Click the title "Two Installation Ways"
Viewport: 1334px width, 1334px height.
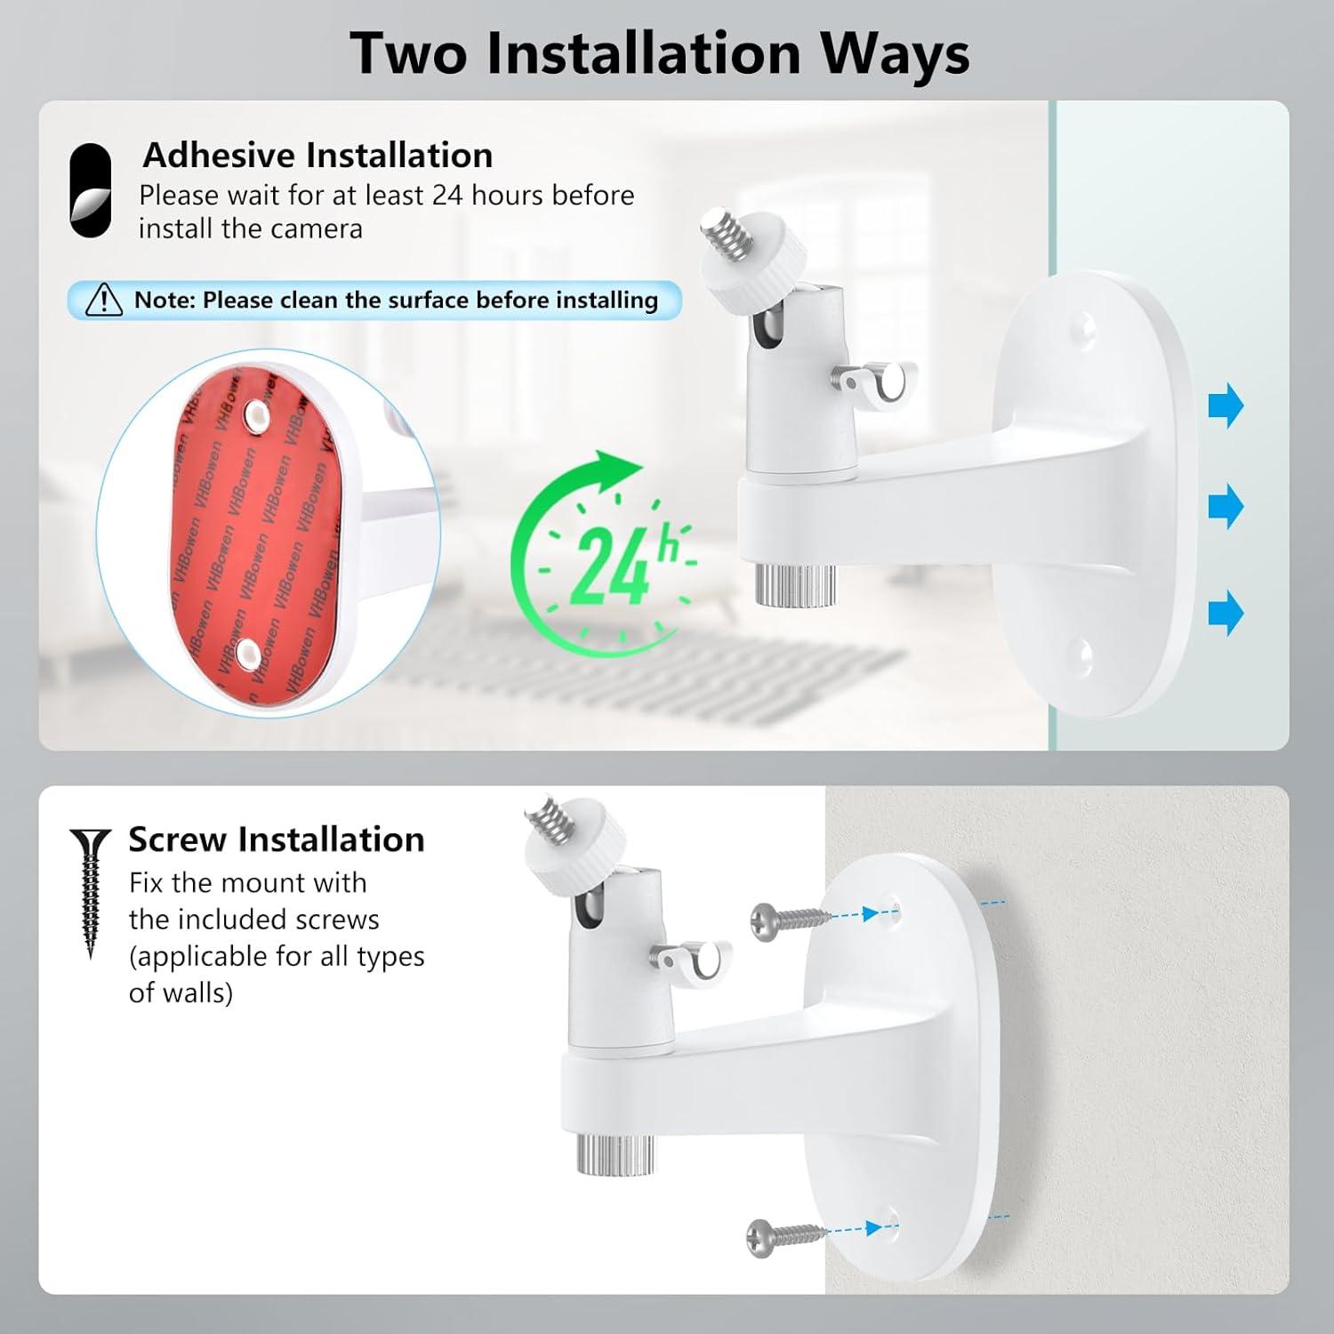(659, 53)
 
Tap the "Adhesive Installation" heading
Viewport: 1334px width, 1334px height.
(317, 156)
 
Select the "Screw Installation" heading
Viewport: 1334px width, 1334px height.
(276, 840)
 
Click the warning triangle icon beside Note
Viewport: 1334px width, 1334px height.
(104, 301)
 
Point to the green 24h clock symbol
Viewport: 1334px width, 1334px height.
(605, 551)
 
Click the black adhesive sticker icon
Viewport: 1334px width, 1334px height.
(90, 190)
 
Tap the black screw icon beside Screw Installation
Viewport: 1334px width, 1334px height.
(90, 889)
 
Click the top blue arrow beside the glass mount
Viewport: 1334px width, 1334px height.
(1226, 406)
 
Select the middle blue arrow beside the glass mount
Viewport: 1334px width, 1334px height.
(1226, 507)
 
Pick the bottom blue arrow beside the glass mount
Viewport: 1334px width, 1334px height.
(1226, 613)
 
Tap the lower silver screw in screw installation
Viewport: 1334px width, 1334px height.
(784, 1234)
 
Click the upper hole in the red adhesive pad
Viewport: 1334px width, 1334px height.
(257, 414)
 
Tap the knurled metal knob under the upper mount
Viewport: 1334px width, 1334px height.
(795, 583)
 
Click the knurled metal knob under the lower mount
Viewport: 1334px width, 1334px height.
(615, 1153)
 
